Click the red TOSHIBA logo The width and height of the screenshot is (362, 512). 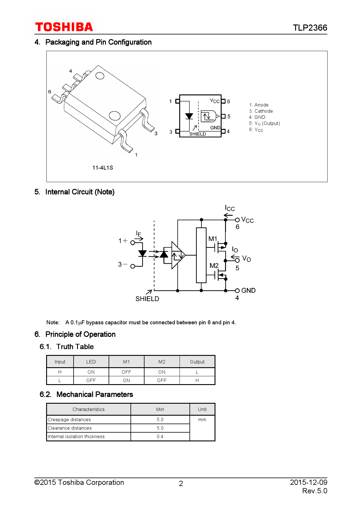pos(64,27)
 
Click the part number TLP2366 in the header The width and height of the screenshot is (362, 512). pos(310,28)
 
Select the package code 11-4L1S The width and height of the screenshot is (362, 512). pos(102,168)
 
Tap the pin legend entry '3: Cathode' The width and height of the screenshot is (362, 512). pos(261,111)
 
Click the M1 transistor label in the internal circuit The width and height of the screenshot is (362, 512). pos(213,239)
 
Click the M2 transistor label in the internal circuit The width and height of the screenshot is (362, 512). pos(214,266)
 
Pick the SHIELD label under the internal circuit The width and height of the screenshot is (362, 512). pos(147,299)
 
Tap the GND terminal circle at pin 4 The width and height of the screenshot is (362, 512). pos(237,291)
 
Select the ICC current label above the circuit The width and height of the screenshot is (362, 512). pos(230,208)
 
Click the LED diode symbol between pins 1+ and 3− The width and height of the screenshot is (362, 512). pos(142,253)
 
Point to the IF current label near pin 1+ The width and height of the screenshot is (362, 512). pos(138,234)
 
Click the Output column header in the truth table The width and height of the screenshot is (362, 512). pos(197,362)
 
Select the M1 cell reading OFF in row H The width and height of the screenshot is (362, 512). pos(126,372)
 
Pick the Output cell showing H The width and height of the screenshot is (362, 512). pos(197,380)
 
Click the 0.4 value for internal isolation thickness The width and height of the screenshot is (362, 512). pos(160,436)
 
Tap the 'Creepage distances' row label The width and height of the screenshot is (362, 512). pos(69,419)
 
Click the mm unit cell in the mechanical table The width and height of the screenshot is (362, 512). pos(202,419)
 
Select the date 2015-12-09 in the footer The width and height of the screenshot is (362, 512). pos(308,482)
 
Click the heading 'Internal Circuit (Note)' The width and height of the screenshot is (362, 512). pos(80,192)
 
